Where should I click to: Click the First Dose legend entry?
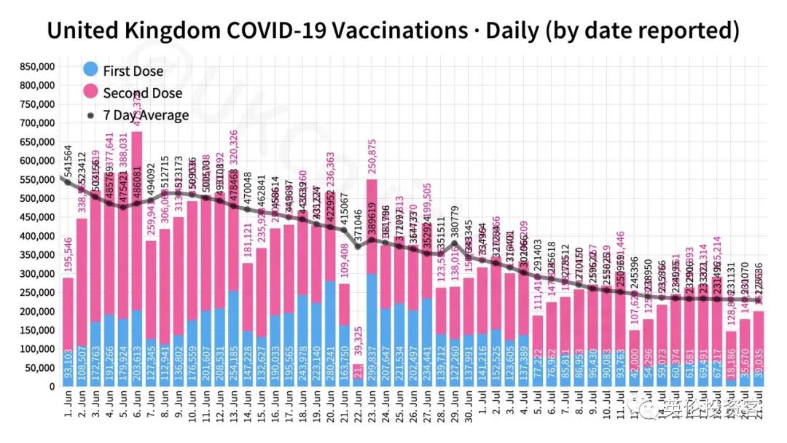coord(132,71)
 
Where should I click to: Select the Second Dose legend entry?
coord(141,93)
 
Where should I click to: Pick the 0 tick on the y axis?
coord(52,387)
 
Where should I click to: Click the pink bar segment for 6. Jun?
coord(137,219)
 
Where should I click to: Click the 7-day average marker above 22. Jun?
coord(357,246)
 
